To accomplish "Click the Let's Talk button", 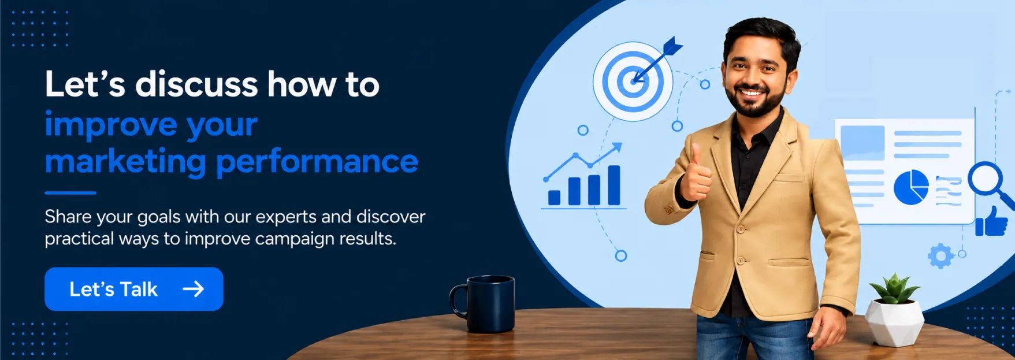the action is pyautogui.click(x=134, y=289).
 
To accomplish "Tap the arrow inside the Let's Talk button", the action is pyautogui.click(x=194, y=289).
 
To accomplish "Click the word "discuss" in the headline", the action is pyautogui.click(x=196, y=84).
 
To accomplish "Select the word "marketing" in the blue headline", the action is pyautogui.click(x=125, y=162).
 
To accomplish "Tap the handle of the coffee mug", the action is pyautogui.click(x=458, y=301).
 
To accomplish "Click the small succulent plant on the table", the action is pyautogui.click(x=894, y=289).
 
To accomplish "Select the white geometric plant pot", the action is pyautogui.click(x=894, y=322).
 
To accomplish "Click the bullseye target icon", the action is pyautogui.click(x=633, y=81).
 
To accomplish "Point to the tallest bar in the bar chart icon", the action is pyautogui.click(x=614, y=185).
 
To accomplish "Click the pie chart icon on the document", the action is pyautogui.click(x=911, y=187).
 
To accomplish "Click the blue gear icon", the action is pyautogui.click(x=940, y=256).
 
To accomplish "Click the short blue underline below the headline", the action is pyautogui.click(x=70, y=193).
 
